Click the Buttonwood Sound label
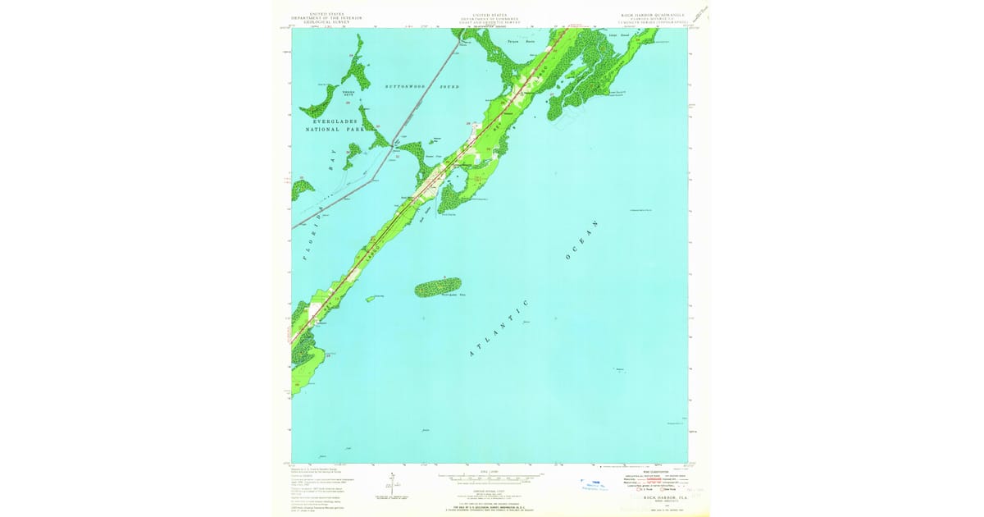[x=422, y=86]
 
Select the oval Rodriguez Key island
[x=438, y=287]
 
